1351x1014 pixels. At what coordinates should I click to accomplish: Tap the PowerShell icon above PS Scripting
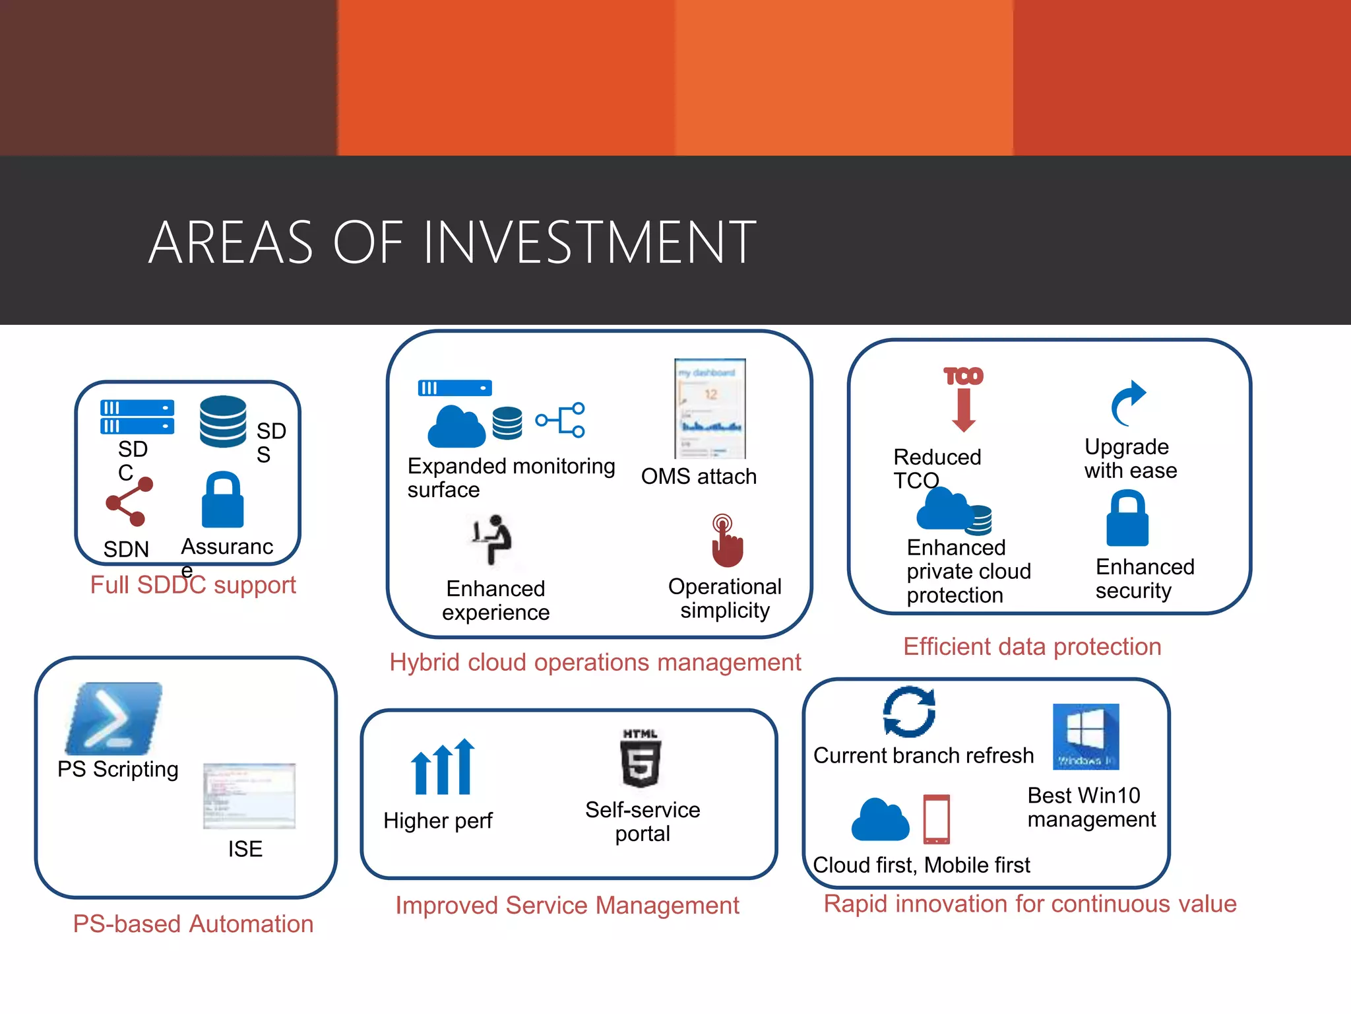114,719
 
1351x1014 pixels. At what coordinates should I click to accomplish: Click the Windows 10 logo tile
1086,736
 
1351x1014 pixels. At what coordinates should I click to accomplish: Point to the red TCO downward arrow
964,400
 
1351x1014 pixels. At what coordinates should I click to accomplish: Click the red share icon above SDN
130,501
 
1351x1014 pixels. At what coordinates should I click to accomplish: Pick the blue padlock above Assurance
222,500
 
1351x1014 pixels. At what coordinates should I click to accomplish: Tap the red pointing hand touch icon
726,541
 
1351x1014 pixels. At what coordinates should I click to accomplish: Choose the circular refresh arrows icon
909,712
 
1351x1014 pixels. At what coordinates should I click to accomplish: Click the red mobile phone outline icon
937,819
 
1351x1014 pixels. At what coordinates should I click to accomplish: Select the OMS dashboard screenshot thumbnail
710,408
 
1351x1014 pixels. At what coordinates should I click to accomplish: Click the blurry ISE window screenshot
249,796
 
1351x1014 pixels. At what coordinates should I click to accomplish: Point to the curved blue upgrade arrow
1129,402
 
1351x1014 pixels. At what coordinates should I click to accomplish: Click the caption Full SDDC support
193,585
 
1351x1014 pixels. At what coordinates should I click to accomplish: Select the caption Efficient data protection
1032,646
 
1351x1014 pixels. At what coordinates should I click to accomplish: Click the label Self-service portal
643,821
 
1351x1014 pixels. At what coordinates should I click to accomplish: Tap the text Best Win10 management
1091,807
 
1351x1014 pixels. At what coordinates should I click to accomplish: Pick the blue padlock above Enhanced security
1127,518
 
